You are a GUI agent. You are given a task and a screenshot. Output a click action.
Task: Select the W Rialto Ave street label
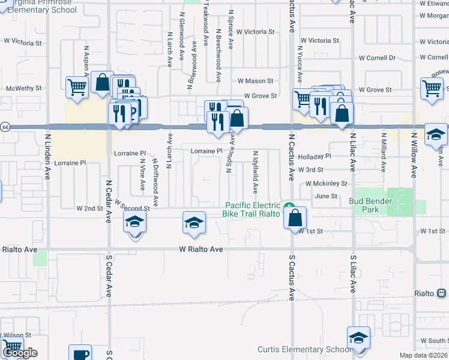(x=201, y=249)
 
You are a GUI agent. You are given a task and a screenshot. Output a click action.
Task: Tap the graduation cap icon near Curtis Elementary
(x=358, y=338)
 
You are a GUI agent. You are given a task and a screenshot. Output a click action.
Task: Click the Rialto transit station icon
(x=441, y=293)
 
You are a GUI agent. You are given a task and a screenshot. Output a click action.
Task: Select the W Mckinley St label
(x=326, y=183)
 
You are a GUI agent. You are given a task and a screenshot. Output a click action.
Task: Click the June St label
(x=326, y=196)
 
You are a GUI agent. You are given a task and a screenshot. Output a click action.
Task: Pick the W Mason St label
(x=255, y=80)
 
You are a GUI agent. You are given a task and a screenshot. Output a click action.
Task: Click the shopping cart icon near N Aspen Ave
(x=77, y=88)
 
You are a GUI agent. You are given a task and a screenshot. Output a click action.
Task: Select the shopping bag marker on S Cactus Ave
(x=296, y=218)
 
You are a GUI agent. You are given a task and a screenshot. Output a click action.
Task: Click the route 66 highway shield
(x=5, y=127)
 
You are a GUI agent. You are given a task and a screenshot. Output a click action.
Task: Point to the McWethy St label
(x=23, y=88)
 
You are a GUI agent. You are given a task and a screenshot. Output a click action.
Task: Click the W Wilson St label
(x=16, y=335)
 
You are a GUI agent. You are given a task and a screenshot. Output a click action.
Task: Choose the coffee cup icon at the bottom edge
(x=80, y=353)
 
